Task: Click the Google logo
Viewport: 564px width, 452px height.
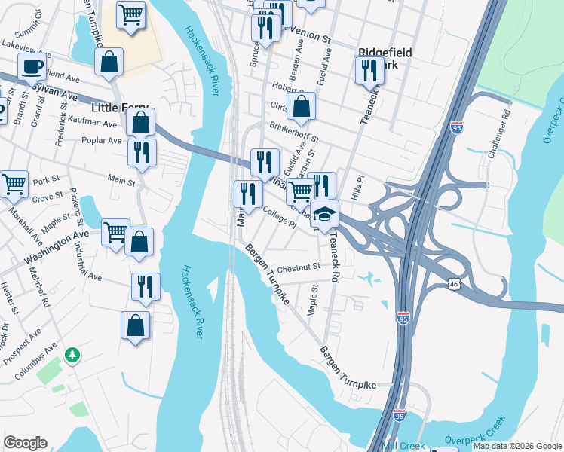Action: pos(25,443)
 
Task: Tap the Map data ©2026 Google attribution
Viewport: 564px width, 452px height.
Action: pos(517,446)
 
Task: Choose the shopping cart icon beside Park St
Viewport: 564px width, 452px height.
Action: pos(14,183)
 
